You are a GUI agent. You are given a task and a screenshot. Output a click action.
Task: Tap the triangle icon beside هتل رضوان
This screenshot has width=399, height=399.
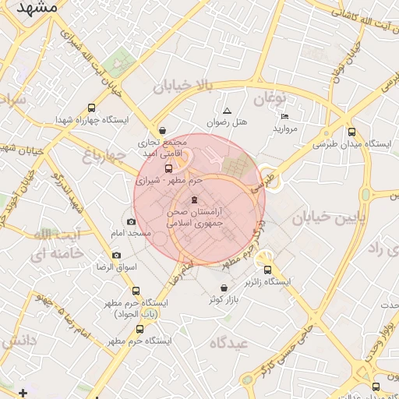coord(227,111)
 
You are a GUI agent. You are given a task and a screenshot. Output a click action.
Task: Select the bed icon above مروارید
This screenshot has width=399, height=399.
coord(284,116)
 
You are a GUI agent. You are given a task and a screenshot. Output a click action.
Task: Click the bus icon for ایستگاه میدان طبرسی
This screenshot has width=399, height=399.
coord(351,132)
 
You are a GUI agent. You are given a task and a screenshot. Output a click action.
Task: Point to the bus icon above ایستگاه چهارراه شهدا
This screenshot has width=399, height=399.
coord(93,108)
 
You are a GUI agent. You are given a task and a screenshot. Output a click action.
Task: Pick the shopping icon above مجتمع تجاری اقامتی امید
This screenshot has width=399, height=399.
coord(162,131)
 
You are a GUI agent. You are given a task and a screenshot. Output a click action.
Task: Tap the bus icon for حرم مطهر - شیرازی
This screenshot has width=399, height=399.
coord(169,168)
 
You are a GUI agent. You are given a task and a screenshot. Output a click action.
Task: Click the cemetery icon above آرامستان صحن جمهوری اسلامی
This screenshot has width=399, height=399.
coord(194,200)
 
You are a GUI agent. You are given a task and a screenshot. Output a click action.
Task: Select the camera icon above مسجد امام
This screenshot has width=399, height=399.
coord(130,222)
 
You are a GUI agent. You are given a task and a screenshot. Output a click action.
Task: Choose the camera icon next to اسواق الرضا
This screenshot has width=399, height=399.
coord(116,255)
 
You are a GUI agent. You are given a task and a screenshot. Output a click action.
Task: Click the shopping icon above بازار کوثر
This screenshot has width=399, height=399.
coord(224,288)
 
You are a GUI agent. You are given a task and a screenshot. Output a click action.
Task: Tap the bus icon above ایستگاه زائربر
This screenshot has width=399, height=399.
coord(268,270)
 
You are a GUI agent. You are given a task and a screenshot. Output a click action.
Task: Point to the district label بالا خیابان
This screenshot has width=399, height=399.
coord(182,85)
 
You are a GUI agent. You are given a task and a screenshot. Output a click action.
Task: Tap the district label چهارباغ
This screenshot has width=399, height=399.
coord(104,156)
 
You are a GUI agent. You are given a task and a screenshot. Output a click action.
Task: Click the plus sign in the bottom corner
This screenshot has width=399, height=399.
coord(23,392)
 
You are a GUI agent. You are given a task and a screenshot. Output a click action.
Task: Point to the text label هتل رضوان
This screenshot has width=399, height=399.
coord(227,123)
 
